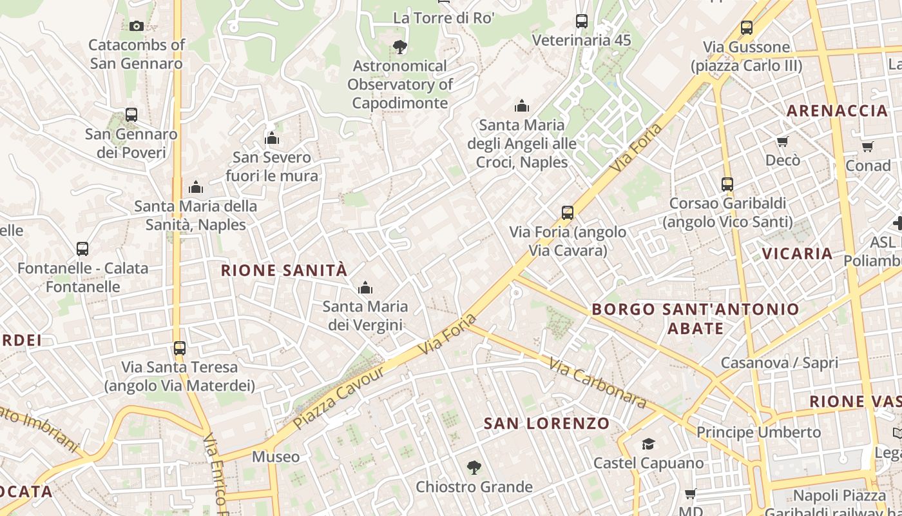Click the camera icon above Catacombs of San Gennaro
coord(136,26)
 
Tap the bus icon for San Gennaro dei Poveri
coord(131,115)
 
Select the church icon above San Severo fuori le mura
coord(272,138)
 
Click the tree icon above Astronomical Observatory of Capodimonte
coord(399,46)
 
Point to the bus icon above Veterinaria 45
coord(582,21)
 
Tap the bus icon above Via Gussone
coord(746,28)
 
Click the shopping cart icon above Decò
coord(782,141)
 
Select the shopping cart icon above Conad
coord(868,146)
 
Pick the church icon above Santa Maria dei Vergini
coord(365,287)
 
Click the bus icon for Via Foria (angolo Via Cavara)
coord(568,212)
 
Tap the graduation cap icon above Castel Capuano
coord(648,444)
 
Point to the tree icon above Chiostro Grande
coord(474,468)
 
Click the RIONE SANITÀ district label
coord(284,270)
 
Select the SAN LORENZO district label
coord(546,424)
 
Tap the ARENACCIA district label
coord(837,111)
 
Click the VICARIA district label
coord(798,253)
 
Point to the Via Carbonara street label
coord(597,382)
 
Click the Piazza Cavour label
coord(338,397)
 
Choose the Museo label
coord(276,457)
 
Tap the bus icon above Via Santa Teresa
coord(180,348)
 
